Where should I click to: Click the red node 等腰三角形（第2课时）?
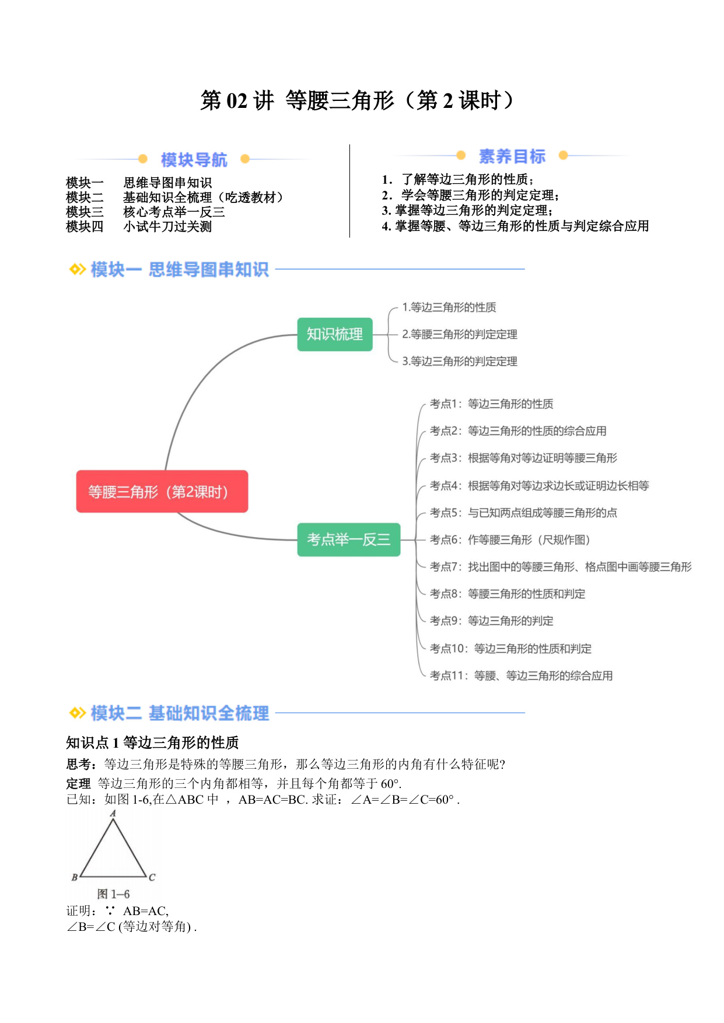pos(162,492)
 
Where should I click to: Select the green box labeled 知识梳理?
pos(335,334)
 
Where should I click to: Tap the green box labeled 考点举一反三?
pos(349,539)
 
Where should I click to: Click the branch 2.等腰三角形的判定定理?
pos(460,334)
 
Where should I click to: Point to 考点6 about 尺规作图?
pos(510,539)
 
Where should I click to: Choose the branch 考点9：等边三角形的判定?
pos(491,621)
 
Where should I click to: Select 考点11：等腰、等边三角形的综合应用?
pos(521,675)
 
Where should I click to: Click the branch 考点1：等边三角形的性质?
pos(491,404)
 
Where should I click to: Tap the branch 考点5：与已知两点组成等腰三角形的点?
pos(523,513)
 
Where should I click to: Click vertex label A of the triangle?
pos(113,813)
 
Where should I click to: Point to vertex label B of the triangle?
pos(75,877)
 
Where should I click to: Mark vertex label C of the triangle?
pos(152,877)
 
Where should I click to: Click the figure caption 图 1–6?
pos(113,894)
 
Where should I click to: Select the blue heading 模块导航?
pos(194,159)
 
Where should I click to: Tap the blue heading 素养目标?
pos(512,156)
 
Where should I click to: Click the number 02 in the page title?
pos(237,101)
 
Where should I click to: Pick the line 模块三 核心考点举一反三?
pos(145,212)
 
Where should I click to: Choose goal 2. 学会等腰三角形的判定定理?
pos(470,195)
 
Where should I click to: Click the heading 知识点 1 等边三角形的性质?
pos(152,742)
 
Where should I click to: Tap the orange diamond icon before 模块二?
pos(77,713)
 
